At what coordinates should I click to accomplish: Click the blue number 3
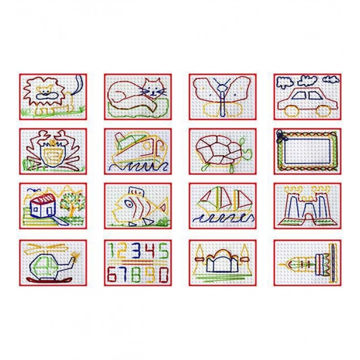coord(138,251)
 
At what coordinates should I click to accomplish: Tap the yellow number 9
coord(151,274)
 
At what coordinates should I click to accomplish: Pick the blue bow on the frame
coord(281,136)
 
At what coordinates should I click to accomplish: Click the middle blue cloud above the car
coord(308,81)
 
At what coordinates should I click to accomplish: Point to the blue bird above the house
coord(34,190)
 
